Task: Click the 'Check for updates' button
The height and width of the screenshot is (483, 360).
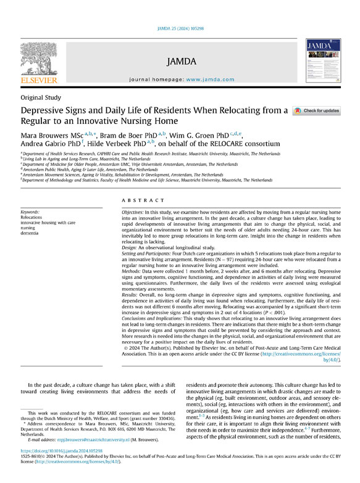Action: [x=317, y=111]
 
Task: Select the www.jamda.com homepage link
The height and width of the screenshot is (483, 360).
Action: [x=210, y=80]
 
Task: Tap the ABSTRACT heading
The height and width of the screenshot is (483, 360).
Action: [x=143, y=200]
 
